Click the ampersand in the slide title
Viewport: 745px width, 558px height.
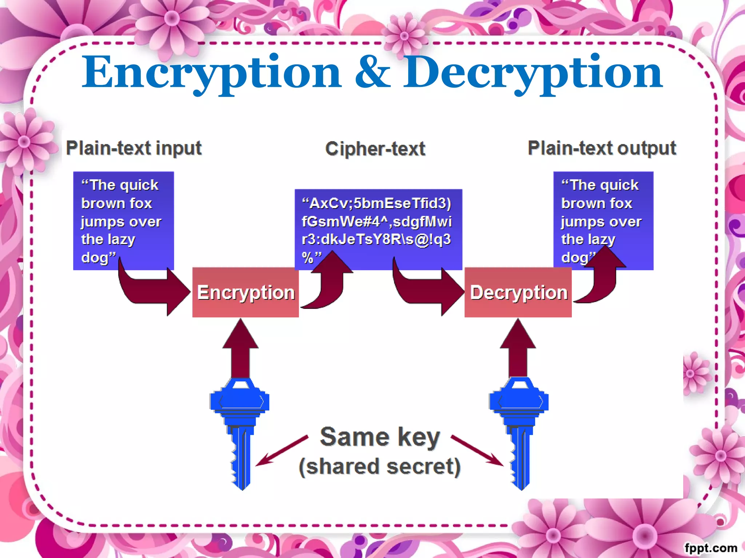pyautogui.click(x=372, y=73)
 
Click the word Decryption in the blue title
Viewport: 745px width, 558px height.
pyautogui.click(x=533, y=73)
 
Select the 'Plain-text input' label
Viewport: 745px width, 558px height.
pyautogui.click(x=134, y=148)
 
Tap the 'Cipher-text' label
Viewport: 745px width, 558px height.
pyautogui.click(x=375, y=149)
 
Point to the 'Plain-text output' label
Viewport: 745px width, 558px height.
pyautogui.click(x=602, y=148)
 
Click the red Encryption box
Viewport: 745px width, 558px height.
pyautogui.click(x=246, y=293)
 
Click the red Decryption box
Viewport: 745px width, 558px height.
pyautogui.click(x=518, y=293)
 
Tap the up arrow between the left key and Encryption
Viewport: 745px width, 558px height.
pyautogui.click(x=240, y=349)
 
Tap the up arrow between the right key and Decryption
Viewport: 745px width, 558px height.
pyautogui.click(x=518, y=349)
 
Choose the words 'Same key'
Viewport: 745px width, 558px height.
pyautogui.click(x=380, y=437)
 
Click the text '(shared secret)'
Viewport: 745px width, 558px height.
pyautogui.click(x=380, y=467)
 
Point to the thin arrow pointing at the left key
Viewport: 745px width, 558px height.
pyautogui.click(x=282, y=450)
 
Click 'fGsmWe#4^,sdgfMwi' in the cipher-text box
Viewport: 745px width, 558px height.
pyautogui.click(x=377, y=221)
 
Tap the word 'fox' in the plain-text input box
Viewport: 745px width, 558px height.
pyautogui.click(x=138, y=203)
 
